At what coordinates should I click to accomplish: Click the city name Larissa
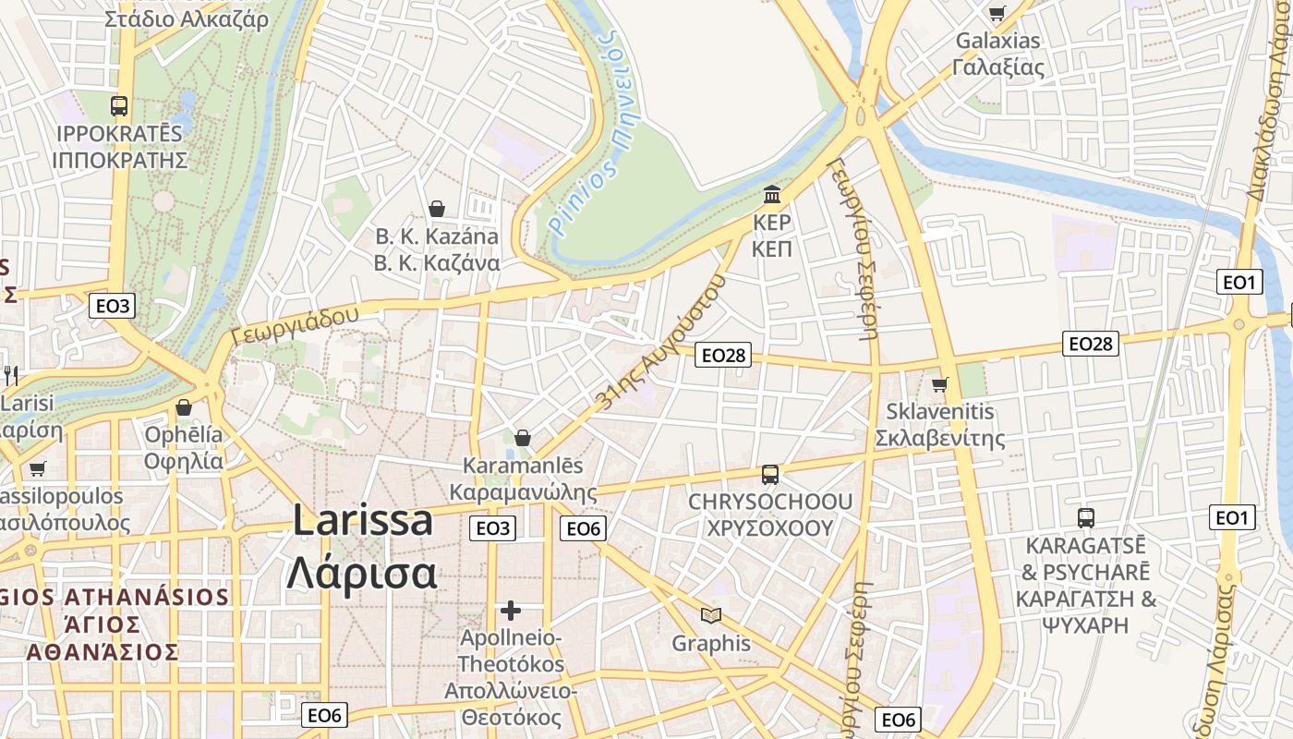coord(363,520)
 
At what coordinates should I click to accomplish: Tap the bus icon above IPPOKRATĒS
coord(119,105)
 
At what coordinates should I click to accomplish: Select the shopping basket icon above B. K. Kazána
coord(437,209)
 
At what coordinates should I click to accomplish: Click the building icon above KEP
coord(772,195)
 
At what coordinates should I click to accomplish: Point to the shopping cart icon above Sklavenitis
coord(940,383)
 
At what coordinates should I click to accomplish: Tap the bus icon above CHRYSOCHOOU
coord(769,475)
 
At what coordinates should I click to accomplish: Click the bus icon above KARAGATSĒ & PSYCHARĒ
coord(1086,517)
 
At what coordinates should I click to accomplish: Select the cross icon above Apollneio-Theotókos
coord(511,611)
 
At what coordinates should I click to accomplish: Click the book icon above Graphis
coord(710,615)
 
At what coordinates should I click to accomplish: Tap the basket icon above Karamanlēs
coord(523,437)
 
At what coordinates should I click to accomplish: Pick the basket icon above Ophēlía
coord(184,406)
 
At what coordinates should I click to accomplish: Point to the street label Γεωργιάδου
coord(295,325)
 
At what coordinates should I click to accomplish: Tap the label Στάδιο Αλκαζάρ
coord(187,18)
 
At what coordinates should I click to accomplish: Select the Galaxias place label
coord(997,41)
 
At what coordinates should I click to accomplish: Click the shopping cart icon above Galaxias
coord(997,13)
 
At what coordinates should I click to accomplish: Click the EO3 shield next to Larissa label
coord(492,527)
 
